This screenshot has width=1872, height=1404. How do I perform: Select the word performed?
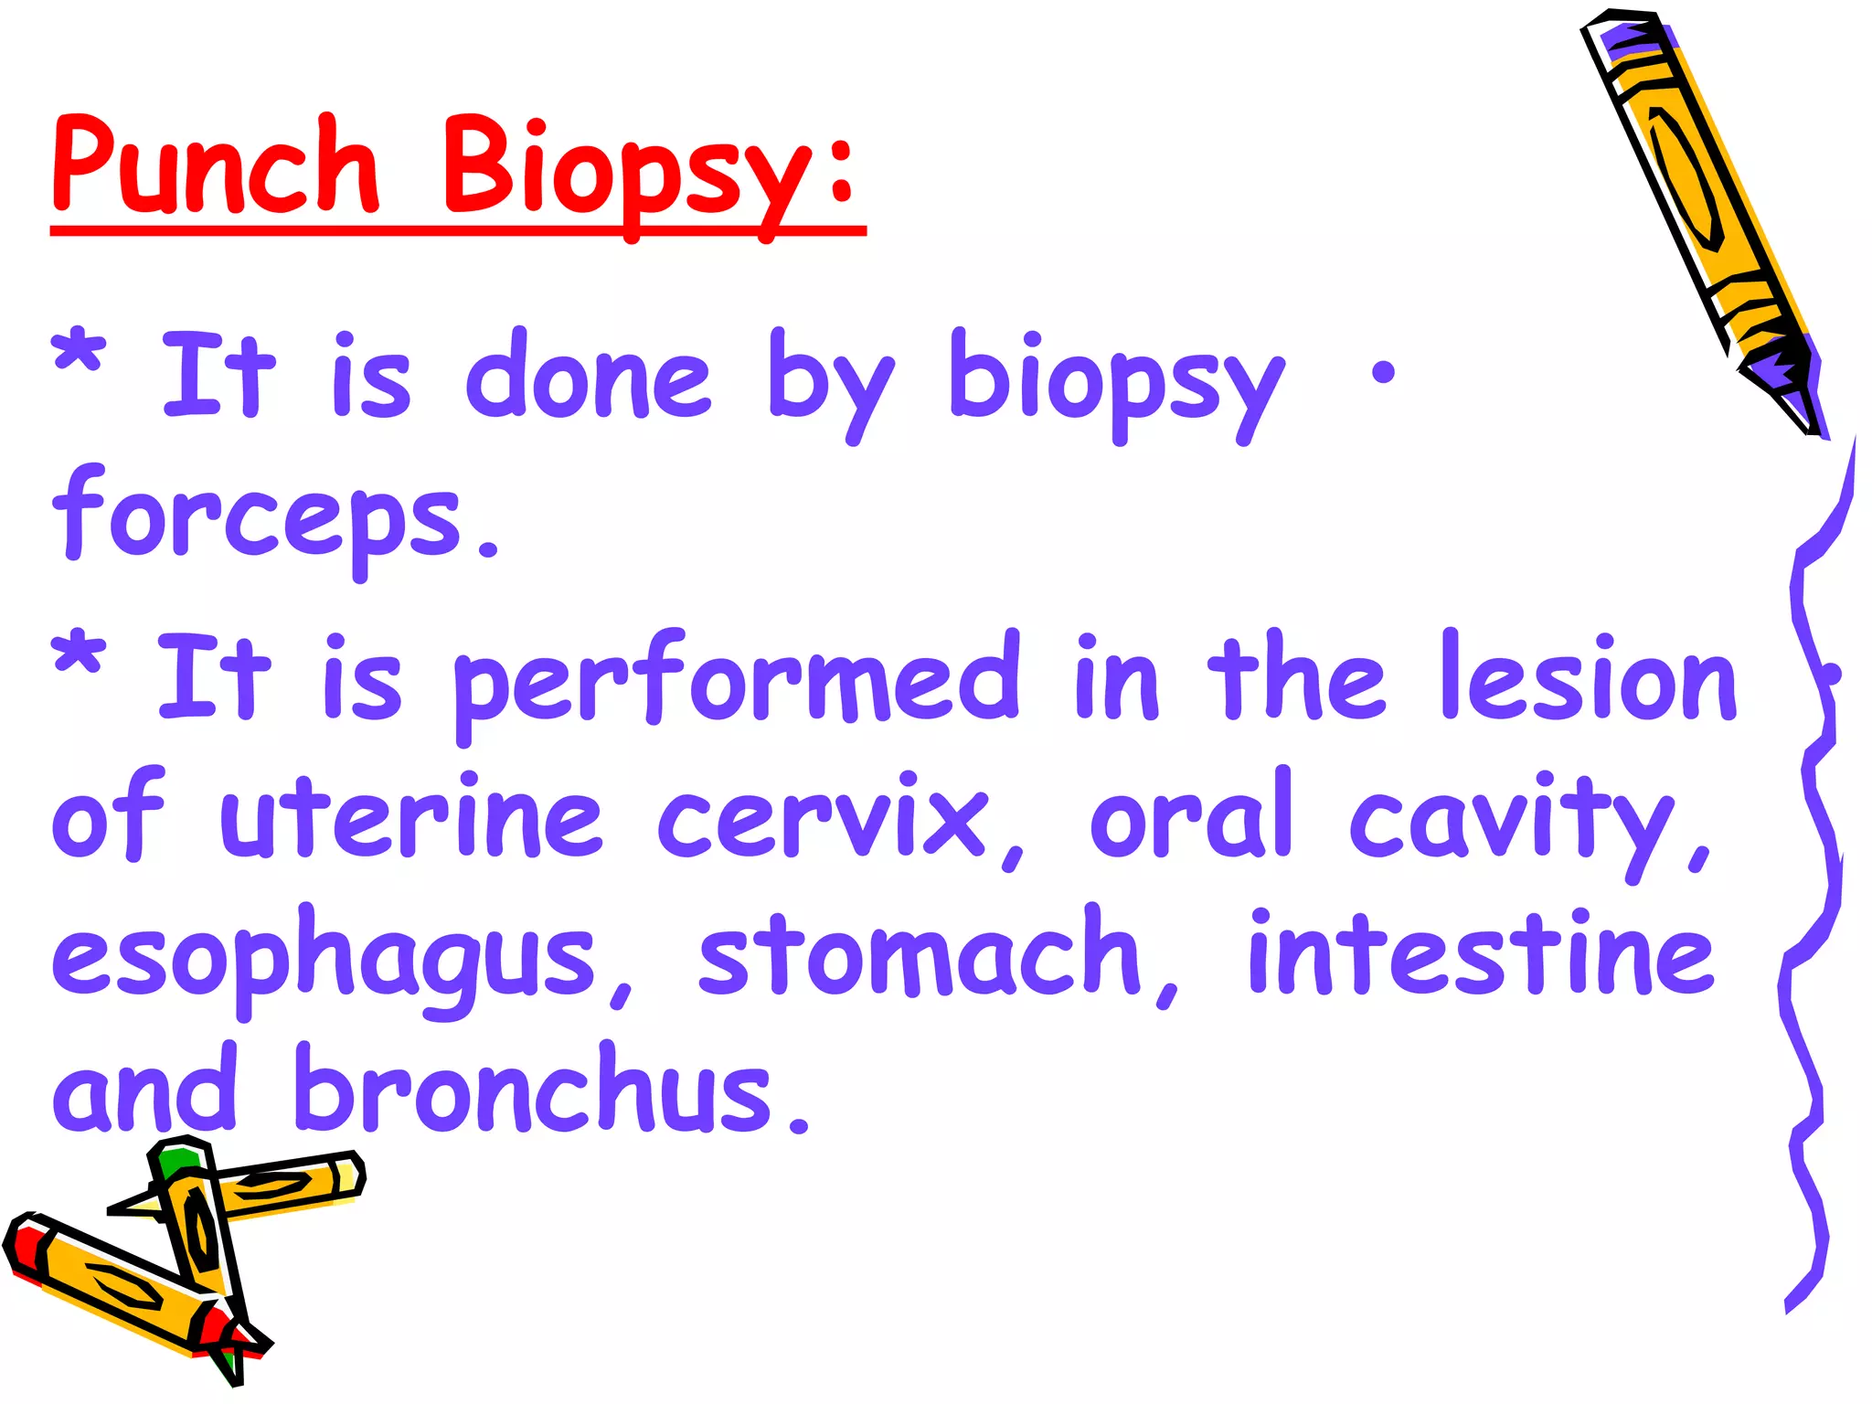coord(736,681)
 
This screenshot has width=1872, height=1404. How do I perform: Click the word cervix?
coord(823,818)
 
